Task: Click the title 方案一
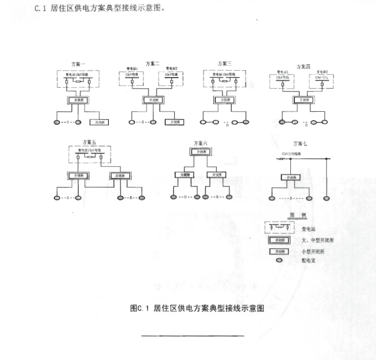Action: tap(78, 64)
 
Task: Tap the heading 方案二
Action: tap(152, 63)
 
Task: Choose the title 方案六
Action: tap(200, 142)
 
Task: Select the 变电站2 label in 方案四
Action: tap(323, 72)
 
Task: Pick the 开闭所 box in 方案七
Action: tap(289, 177)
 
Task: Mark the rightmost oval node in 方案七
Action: tap(326, 197)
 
